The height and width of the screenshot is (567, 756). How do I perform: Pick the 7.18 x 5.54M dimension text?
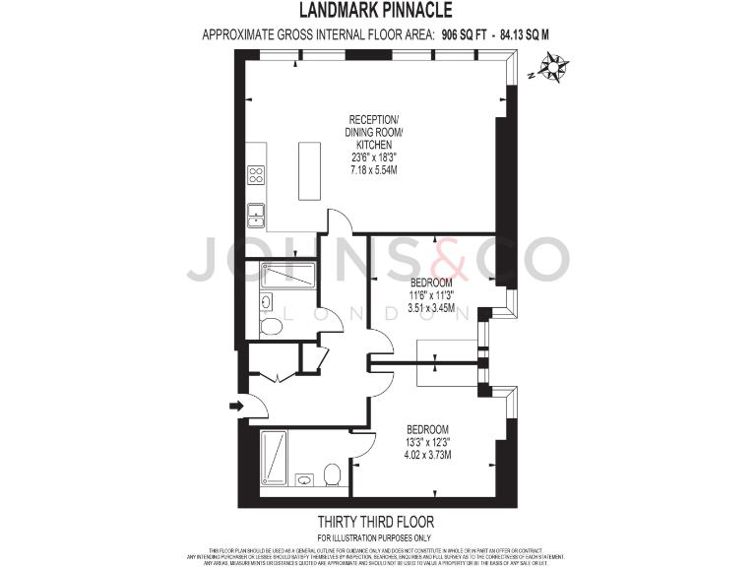(374, 170)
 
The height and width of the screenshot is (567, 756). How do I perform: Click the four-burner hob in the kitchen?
(256, 175)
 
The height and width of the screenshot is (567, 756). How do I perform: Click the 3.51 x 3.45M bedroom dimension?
(433, 306)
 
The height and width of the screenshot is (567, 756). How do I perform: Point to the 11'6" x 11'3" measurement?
(433, 293)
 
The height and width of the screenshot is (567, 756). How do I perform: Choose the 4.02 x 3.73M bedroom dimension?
(428, 455)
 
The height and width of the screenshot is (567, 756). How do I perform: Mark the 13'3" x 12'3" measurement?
(428, 442)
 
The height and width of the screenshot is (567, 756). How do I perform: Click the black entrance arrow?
(237, 405)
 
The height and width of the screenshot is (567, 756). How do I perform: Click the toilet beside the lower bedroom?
(332, 474)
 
